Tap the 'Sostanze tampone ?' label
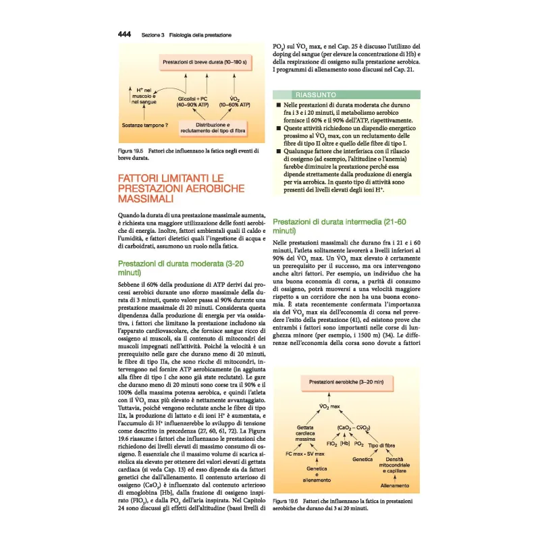click(x=145, y=125)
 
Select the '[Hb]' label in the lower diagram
click(x=344, y=443)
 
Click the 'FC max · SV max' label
click(x=306, y=453)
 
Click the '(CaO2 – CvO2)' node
click(x=353, y=428)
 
